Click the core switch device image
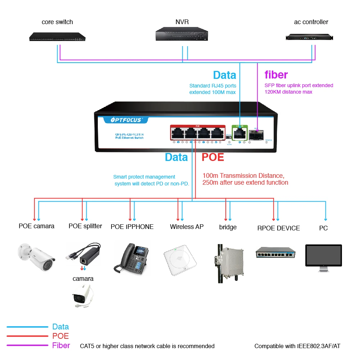pos(57,37)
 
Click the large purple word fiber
pos(276,75)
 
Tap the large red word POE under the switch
pos(213,157)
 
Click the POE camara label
pos(36,226)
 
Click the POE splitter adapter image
pos(82,254)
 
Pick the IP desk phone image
pos(131,258)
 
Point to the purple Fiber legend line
pos(27,346)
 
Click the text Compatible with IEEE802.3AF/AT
pos(297,346)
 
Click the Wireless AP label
pos(187,227)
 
